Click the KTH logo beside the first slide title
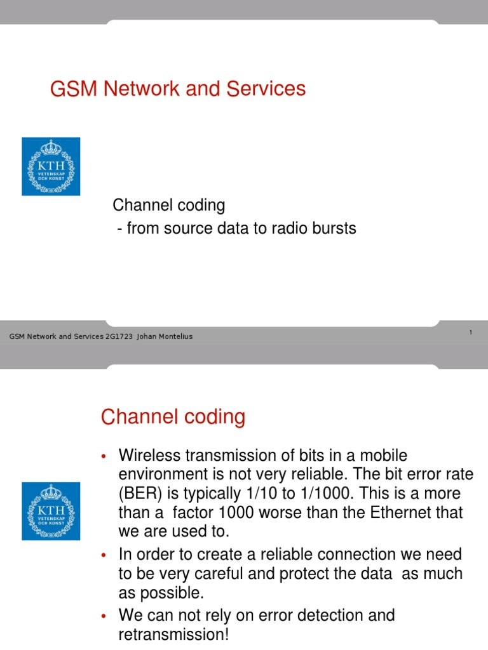pos(51,166)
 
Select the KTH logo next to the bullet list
pos(51,510)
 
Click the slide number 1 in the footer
pos(470,333)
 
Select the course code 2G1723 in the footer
pos(119,336)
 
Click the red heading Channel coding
pos(173,418)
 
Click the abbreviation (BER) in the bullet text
pos(139,494)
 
